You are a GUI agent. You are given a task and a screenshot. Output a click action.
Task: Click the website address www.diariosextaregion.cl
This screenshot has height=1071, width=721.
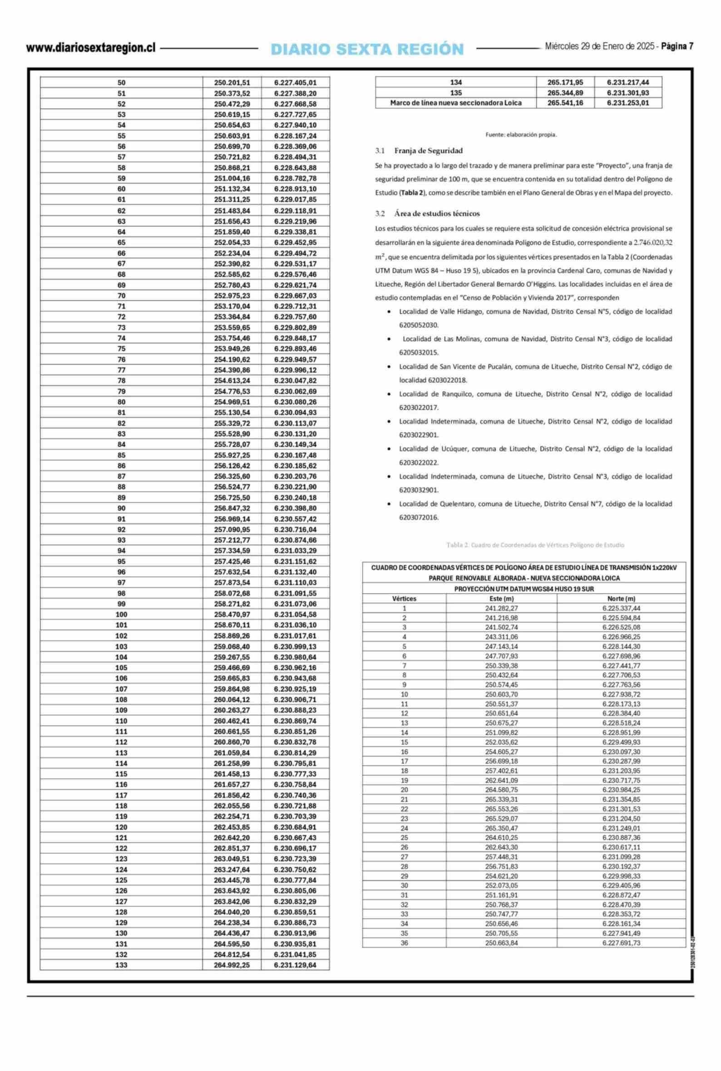click(91, 48)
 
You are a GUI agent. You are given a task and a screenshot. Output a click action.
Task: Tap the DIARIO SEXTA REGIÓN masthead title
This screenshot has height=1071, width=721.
click(367, 49)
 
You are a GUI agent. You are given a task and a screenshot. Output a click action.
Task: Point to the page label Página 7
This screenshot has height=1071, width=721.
click(677, 46)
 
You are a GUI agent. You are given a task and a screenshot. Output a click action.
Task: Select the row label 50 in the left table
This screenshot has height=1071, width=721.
click(121, 83)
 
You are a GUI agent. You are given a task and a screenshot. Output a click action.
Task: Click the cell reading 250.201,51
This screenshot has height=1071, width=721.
click(232, 83)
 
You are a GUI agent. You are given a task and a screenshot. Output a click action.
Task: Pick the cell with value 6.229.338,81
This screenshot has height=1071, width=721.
click(295, 232)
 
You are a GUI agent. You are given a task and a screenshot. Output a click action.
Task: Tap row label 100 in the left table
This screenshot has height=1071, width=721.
click(121, 615)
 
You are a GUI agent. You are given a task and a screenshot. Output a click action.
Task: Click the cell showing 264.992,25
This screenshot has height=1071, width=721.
click(232, 965)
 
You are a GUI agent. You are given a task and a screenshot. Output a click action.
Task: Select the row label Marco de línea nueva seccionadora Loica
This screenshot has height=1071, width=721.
click(456, 103)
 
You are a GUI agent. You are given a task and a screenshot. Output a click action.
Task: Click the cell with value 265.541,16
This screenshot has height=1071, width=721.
click(565, 103)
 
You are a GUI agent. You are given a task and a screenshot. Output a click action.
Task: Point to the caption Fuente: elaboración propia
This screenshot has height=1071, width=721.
click(521, 135)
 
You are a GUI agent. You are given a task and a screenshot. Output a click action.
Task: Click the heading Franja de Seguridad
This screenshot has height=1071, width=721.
click(428, 151)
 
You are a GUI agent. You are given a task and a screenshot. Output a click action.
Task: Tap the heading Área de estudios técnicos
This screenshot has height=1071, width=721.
click(436, 213)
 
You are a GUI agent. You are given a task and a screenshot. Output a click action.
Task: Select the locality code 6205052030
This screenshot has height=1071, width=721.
click(419, 325)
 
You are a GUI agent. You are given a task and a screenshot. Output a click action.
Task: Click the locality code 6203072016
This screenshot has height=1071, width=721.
click(419, 517)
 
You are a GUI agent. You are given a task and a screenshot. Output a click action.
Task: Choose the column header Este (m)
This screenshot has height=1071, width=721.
click(501, 599)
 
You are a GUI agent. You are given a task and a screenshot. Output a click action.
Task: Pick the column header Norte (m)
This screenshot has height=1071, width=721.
click(621, 599)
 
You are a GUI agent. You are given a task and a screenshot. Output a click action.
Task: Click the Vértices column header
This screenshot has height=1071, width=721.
click(404, 599)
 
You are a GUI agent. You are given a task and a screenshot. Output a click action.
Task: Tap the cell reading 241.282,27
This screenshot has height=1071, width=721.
click(501, 608)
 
